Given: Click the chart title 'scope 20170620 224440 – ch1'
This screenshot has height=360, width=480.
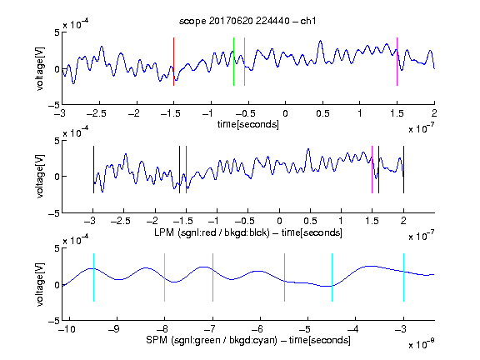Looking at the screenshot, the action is [247, 21].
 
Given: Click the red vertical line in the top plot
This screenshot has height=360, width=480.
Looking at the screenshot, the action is [173, 62].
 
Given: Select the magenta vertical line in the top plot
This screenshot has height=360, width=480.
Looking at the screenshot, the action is [397, 62].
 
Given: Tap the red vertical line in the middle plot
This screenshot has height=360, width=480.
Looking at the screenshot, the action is [186, 170].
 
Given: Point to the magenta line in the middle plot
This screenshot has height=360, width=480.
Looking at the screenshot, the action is [372, 170].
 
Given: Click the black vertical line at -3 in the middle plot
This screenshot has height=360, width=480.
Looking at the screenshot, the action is [93, 170].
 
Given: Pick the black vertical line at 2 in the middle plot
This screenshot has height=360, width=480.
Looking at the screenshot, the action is [403, 170].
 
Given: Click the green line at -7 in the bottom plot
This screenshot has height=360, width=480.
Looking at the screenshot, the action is [212, 277].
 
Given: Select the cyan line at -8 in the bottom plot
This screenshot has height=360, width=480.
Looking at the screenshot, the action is [165, 277].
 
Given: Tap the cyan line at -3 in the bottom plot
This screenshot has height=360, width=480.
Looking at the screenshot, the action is [403, 277].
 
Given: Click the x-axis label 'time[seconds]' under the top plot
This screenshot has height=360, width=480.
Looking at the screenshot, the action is [248, 124].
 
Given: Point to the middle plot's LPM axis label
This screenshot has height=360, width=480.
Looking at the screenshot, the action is [248, 232].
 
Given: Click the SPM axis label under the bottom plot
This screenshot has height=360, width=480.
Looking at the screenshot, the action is [248, 340].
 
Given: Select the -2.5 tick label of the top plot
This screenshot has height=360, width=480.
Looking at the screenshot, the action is [97, 113].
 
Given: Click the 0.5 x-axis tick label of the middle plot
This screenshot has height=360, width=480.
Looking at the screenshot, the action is [310, 221].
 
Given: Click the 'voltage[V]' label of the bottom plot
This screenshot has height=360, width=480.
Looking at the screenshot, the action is [40, 284].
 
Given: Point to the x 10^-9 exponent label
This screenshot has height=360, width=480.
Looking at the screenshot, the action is [421, 344].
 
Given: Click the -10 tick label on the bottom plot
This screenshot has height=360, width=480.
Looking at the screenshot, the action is [67, 329].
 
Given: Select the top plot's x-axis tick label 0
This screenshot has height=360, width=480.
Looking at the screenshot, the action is [285, 113].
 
